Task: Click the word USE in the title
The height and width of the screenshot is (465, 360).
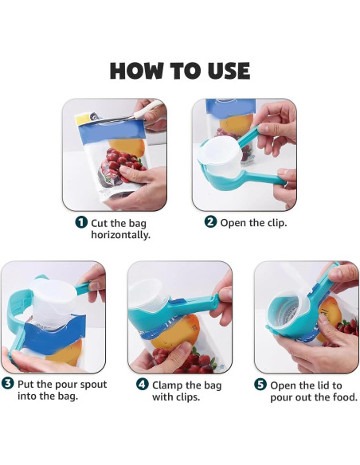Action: coord(225,71)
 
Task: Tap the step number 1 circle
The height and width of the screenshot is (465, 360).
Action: coord(81,222)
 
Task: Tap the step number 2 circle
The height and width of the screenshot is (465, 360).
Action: coord(210,222)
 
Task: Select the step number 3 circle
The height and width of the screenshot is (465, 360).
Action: coord(8,384)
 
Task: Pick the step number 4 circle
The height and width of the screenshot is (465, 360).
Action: coord(142,384)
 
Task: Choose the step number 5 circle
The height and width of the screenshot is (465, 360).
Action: coord(260,384)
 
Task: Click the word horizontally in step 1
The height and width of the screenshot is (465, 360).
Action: coord(122,235)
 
